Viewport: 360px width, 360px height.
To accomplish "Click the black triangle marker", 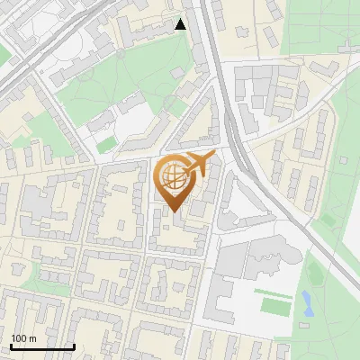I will point(181,24).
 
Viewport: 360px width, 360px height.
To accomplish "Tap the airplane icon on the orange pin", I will point(197,165).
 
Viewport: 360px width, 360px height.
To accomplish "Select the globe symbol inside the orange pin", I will point(173,178).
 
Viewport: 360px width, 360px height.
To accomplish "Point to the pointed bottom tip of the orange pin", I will point(174,211).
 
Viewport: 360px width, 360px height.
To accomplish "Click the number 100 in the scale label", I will point(18,338).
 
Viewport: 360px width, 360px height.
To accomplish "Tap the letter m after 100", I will point(32,338).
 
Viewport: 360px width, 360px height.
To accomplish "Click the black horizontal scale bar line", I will point(41,346).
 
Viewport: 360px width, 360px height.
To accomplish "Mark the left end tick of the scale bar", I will point(10,346).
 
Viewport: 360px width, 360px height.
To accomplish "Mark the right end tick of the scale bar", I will point(74,346).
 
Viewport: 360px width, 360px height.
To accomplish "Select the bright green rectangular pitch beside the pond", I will point(275,304).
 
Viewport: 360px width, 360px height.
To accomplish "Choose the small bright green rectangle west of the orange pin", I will point(106,144).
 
